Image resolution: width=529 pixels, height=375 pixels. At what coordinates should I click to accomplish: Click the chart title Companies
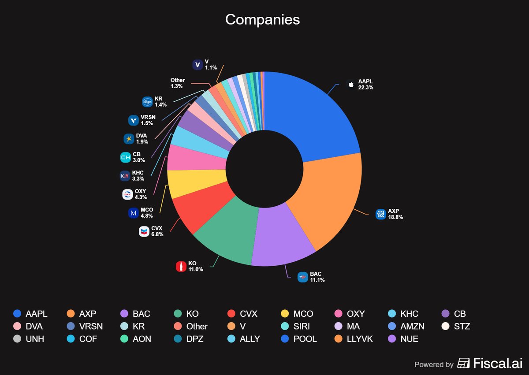point(262,19)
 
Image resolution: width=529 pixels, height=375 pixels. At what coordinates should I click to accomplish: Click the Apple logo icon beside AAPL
point(351,84)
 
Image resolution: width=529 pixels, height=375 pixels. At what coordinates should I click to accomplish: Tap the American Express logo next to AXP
point(380,214)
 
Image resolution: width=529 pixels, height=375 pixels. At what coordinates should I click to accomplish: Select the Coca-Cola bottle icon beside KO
point(181,266)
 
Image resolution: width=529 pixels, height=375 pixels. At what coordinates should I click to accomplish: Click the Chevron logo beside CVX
point(144,231)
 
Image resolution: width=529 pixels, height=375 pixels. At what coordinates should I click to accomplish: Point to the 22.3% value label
point(365,88)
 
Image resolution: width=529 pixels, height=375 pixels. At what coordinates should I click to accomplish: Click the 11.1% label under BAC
point(317,280)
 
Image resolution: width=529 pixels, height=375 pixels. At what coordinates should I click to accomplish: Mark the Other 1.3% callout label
point(178,83)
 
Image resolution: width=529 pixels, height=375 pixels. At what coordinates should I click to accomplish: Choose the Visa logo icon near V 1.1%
point(197,65)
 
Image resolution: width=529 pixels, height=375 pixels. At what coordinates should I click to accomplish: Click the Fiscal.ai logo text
point(490,363)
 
